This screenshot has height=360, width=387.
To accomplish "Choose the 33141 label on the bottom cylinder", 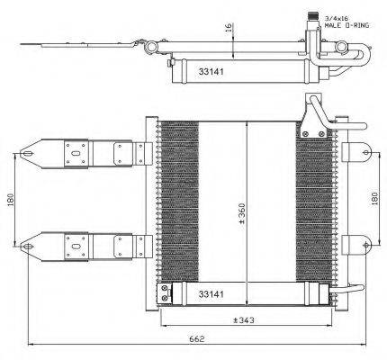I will (211, 292).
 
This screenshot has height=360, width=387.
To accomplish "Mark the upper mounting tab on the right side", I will (357, 149).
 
